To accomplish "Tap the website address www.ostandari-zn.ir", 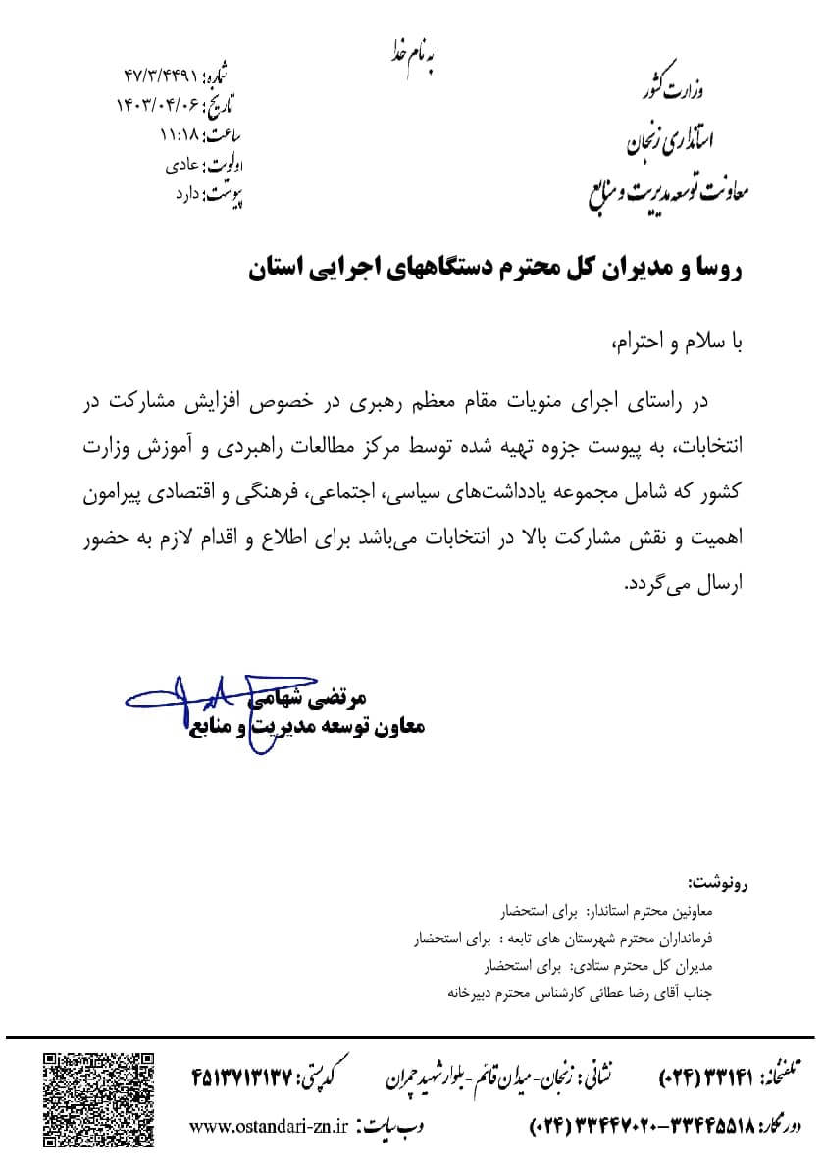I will click(x=266, y=1126).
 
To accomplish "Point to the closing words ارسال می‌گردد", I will click(x=685, y=586).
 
